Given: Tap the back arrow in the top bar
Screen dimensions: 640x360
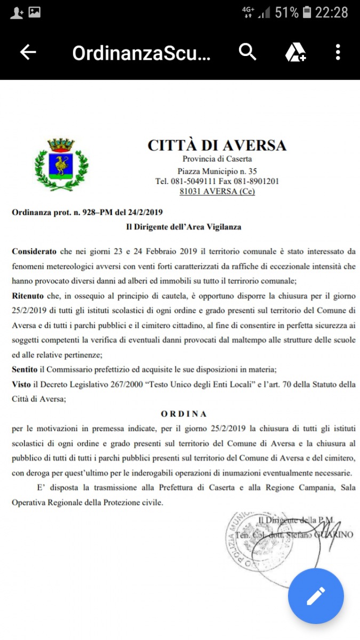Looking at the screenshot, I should pos(28,52).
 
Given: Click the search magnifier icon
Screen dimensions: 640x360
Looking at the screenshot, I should pos(247,52).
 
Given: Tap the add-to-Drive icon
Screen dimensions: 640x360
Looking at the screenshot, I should pos(295,52).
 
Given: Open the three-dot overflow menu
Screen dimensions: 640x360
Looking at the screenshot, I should pos(338,52).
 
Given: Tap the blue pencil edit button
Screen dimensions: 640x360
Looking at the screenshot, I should pos(316,596).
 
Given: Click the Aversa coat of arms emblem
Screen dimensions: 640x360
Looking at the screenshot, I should pos(62,164).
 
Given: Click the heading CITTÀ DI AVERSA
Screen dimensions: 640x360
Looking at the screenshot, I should pos(217,146).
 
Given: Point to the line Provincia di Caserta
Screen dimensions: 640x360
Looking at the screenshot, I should pos(217,159).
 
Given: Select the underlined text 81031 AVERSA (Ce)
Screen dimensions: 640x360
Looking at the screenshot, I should pos(217,191).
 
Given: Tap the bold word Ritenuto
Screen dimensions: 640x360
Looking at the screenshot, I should pos(29,295).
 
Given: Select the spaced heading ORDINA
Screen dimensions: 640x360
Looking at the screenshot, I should pos(183,413).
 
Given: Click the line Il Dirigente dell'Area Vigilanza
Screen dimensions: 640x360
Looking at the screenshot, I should pos(183,227).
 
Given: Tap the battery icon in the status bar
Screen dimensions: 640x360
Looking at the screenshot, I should pos(307,12).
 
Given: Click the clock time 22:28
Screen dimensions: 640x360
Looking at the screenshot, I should pos(332,12).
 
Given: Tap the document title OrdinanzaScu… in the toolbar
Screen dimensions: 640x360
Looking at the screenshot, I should pos(141,53).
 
